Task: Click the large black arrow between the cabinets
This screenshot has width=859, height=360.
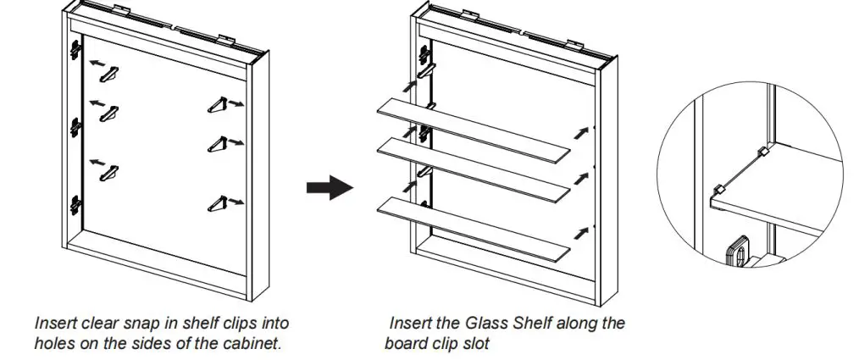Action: (329, 187)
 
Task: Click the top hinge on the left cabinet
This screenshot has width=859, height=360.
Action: (76, 51)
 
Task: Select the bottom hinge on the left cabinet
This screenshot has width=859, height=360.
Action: (76, 203)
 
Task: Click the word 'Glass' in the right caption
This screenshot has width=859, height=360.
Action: (485, 323)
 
